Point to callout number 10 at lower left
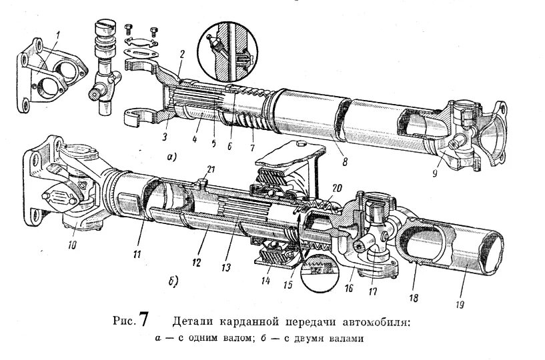tap(72, 244)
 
